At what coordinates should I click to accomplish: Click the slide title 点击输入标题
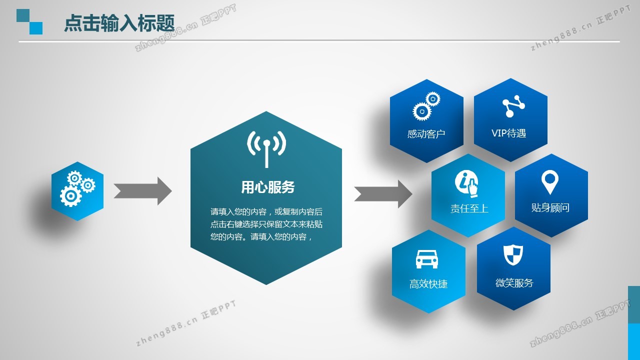[119, 23]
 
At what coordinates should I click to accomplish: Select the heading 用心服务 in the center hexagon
[267, 187]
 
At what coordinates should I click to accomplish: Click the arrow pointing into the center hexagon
[143, 191]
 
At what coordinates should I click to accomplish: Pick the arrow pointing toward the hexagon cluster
[383, 194]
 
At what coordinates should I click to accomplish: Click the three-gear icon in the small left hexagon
[77, 188]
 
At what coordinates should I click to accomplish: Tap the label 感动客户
[426, 134]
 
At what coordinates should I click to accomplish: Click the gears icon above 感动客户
[426, 106]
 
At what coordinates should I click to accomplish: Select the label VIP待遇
[508, 133]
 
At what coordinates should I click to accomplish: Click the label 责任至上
[469, 208]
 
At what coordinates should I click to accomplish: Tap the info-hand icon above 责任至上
[466, 183]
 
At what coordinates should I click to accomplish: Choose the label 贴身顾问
[550, 207]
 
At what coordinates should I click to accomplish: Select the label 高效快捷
[428, 284]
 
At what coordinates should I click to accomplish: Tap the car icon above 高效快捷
[427, 259]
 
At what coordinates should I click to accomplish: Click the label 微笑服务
[514, 283]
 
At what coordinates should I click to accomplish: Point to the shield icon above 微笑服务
[513, 255]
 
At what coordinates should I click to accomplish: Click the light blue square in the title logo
[36, 28]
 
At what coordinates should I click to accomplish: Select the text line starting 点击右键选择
[266, 224]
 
